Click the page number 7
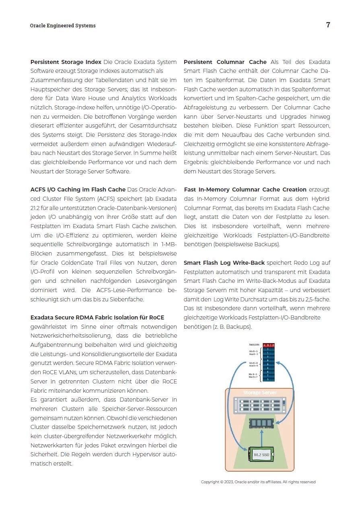click(328, 25)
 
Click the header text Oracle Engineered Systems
click(63, 26)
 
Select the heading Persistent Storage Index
click(66, 62)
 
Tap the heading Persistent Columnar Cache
click(225, 62)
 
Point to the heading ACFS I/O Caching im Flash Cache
click(78, 190)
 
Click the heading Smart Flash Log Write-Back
click(224, 263)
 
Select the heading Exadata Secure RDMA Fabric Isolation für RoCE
click(97, 317)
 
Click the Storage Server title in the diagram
click(259, 392)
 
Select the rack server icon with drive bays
click(260, 405)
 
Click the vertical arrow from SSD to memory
click(261, 437)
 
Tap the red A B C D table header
click(268, 345)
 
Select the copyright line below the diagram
click(258, 482)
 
